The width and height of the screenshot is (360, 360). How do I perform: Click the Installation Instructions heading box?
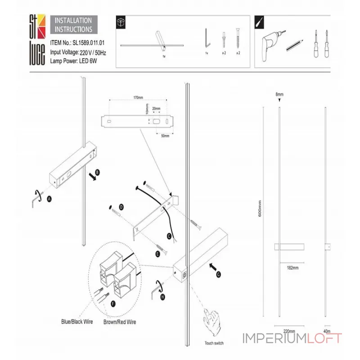(x=73, y=25)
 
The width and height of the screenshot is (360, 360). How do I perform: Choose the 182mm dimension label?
(x=292, y=268)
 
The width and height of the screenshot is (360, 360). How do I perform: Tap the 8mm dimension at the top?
(x=279, y=94)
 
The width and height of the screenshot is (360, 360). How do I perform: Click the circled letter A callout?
(x=49, y=198)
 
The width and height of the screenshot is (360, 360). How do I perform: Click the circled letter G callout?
(x=219, y=273)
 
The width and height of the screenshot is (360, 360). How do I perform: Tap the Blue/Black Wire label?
(x=77, y=322)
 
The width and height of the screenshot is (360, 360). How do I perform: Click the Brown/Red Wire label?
(x=120, y=322)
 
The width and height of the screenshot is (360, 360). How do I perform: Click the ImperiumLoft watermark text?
(x=292, y=338)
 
